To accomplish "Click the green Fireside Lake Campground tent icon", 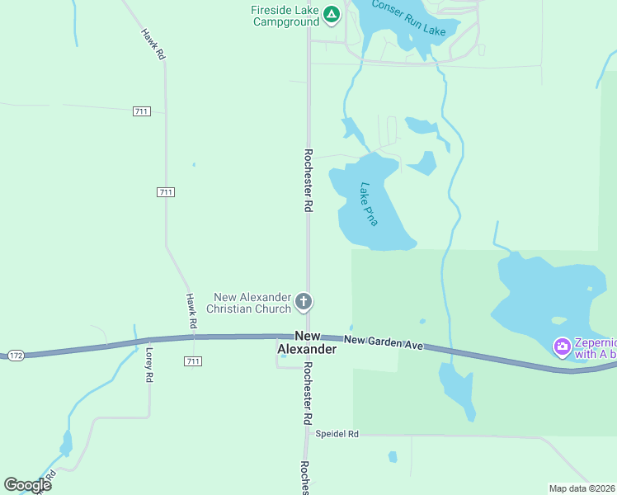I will (331, 14).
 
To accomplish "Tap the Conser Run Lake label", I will (408, 18).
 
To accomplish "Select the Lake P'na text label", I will (368, 205).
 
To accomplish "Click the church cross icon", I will (304, 302).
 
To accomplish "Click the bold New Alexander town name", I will (306, 342).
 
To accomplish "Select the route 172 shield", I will (16, 355).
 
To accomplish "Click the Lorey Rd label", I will (149, 364).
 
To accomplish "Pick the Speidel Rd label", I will (337, 433).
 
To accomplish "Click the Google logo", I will (27, 484).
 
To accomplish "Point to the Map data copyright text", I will (582, 488).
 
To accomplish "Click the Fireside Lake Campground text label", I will (285, 16).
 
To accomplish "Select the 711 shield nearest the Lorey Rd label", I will (194, 361).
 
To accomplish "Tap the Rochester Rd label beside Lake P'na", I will (308, 181).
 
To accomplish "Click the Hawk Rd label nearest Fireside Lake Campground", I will (153, 44).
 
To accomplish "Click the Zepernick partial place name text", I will (596, 348).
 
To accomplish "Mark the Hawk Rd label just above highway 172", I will (192, 309).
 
